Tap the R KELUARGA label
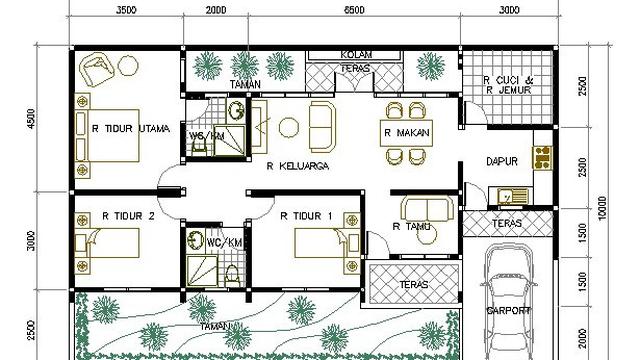pos(299,167)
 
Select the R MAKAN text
pos(407,132)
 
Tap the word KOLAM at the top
pos(357,54)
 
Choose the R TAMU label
pos(412,227)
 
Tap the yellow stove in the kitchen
pos(543,155)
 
